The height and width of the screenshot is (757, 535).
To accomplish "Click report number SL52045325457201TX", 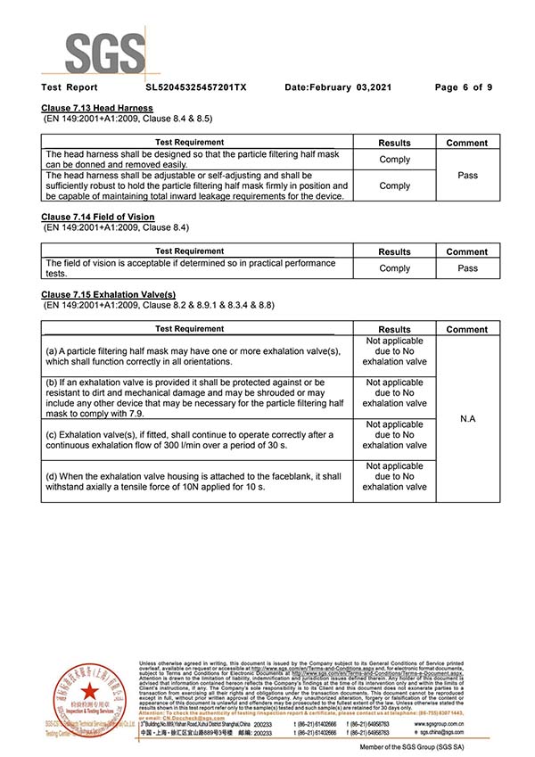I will (x=196, y=87).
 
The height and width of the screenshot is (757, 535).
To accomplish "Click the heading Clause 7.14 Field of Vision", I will (x=97, y=217).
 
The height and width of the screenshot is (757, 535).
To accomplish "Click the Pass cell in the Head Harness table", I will (x=468, y=176).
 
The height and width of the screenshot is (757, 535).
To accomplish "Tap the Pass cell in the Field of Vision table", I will (x=468, y=267).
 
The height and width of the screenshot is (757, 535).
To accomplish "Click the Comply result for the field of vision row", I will (x=395, y=267).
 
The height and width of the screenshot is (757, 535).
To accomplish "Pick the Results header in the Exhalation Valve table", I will (x=395, y=329).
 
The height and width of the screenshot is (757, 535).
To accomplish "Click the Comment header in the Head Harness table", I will (x=468, y=143).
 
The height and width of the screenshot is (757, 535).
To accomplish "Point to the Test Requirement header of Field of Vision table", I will (x=190, y=251).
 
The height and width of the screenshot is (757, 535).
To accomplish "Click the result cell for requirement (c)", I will (x=395, y=435).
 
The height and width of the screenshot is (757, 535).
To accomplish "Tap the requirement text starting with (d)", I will (x=193, y=481).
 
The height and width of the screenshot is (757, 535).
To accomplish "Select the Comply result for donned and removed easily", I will (x=395, y=159).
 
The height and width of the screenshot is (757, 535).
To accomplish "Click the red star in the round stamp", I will (x=88, y=694).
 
